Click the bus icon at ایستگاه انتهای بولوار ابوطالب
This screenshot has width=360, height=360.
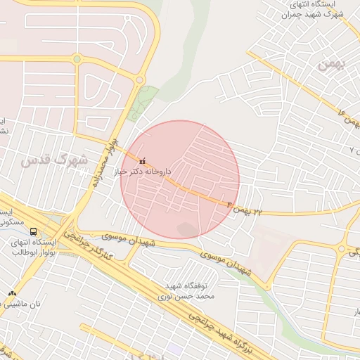coord(34,231)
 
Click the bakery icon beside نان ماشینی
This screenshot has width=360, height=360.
coord(11,293)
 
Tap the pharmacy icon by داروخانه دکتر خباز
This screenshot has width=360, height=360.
coord(143,161)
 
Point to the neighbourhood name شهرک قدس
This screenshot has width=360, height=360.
coord(55,160)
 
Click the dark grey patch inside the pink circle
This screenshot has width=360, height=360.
coord(188,229)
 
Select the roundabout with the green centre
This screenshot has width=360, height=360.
coord(76,59)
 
